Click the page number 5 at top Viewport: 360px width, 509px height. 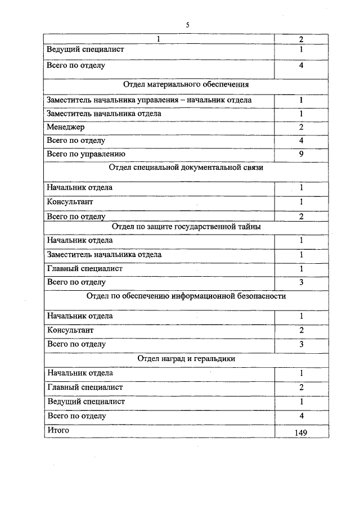[x=188, y=25]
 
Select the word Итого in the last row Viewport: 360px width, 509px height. [x=58, y=430]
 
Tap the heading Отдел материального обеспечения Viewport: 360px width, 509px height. [x=186, y=85]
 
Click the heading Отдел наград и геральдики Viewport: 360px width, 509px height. [x=186, y=358]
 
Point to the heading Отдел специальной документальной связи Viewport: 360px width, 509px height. [x=186, y=168]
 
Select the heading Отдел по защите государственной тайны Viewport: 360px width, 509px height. [x=186, y=227]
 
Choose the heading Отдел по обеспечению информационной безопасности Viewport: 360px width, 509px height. [x=186, y=296]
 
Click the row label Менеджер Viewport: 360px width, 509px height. [x=66, y=127]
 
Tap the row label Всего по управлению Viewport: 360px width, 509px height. [x=86, y=154]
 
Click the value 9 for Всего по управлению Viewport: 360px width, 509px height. [x=301, y=154]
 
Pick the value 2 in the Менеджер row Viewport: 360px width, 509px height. [x=301, y=127]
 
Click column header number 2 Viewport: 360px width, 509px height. [x=301, y=39]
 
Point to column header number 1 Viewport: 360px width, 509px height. [x=159, y=39]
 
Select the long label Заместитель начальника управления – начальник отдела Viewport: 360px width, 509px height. [x=150, y=100]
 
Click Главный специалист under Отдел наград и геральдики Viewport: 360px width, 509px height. [x=85, y=387]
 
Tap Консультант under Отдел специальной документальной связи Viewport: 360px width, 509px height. [x=70, y=201]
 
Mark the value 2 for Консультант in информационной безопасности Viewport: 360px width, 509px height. [x=301, y=330]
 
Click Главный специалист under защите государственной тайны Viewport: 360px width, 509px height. [x=85, y=268]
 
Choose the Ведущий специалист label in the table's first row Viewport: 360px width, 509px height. [x=86, y=49]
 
